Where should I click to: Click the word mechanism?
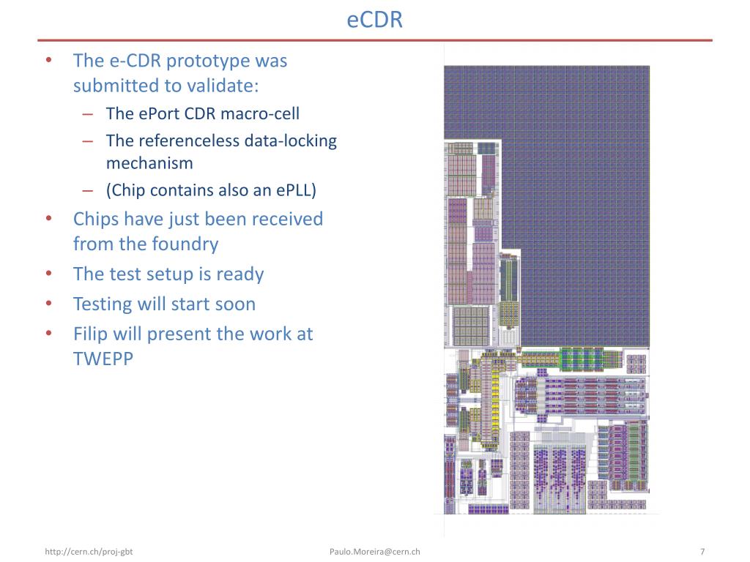[149, 162]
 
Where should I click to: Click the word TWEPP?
[103, 359]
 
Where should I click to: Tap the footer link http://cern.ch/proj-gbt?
[89, 552]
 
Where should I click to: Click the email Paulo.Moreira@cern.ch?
[374, 552]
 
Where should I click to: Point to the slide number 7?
[702, 552]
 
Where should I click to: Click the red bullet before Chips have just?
[48, 219]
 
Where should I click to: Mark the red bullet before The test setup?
[48, 274]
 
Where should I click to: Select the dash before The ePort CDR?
[88, 113]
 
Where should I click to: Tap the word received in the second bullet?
[288, 219]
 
